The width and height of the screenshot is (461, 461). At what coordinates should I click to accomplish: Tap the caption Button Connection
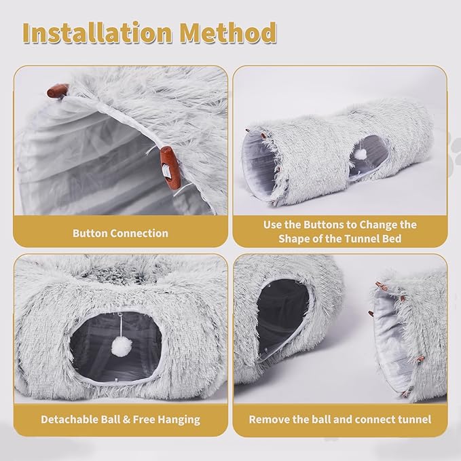coord(120,233)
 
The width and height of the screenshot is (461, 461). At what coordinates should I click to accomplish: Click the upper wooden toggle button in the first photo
coord(58,90)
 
